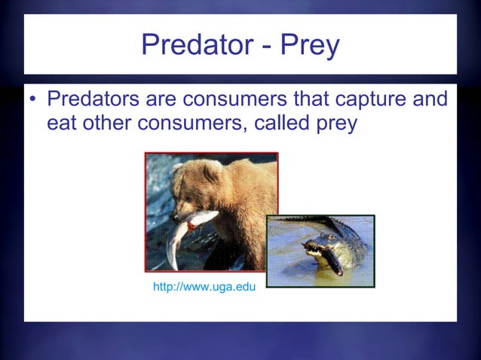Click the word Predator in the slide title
[191, 46]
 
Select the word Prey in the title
[310, 46]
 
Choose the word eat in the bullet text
[63, 123]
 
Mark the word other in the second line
[106, 123]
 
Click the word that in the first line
[318, 99]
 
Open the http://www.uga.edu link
[204, 287]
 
